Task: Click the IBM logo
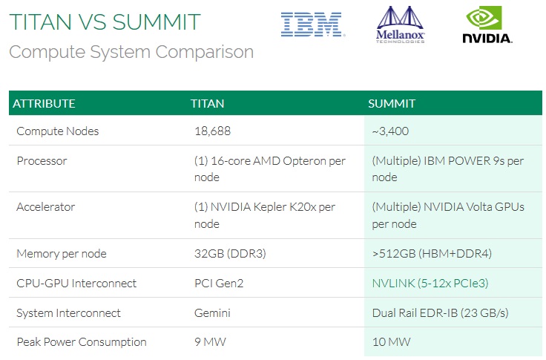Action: pos(312,24)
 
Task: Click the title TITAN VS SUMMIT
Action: pos(105,22)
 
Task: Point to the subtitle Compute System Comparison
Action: pos(131,52)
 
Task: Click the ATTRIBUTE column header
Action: pos(44,103)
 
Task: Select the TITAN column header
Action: pos(207,103)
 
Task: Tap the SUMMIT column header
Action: pos(392,103)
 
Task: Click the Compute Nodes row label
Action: pos(57,131)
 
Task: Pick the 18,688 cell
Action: pos(212,131)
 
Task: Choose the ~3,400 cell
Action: pos(390,131)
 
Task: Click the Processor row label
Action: pos(42,161)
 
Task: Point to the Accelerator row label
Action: pos(45,207)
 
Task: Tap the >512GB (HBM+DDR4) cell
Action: pos(432,254)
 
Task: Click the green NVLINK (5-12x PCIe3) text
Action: pos(430,283)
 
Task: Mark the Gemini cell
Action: pos(211,313)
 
